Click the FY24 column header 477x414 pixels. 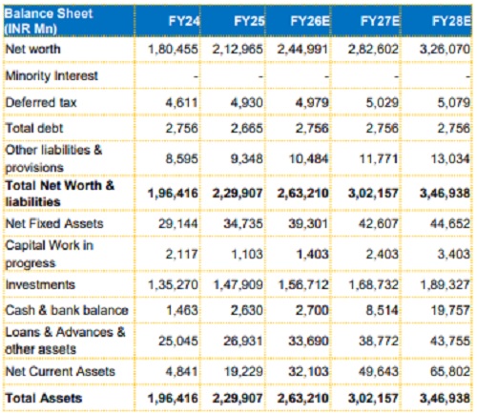pyautogui.click(x=184, y=21)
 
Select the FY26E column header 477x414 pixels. pyautogui.click(x=310, y=21)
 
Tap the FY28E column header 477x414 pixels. pyautogui.click(x=451, y=21)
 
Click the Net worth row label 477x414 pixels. pyautogui.click(x=33, y=49)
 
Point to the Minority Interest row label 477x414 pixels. pyautogui.click(x=52, y=75)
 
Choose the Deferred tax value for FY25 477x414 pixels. pyautogui.click(x=247, y=103)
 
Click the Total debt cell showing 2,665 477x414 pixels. pyautogui.click(x=247, y=128)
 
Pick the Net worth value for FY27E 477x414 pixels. pyautogui.click(x=373, y=50)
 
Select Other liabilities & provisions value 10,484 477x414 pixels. pyautogui.click(x=308, y=158)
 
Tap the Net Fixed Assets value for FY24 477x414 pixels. pyautogui.click(x=178, y=223)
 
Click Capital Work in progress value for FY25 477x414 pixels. pyautogui.click(x=247, y=254)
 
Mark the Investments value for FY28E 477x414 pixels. pyautogui.click(x=446, y=284)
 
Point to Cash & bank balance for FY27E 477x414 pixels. pyautogui.click(x=382, y=310)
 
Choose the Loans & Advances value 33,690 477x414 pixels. pyautogui.click(x=308, y=342)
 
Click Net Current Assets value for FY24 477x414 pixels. pyautogui.click(x=181, y=371)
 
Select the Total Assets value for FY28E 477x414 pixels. pyautogui.click(x=445, y=399)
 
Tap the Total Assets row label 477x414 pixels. pyautogui.click(x=44, y=398)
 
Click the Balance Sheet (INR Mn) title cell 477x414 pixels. pyautogui.click(x=49, y=21)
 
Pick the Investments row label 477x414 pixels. pyautogui.click(x=40, y=284)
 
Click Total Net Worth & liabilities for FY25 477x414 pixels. pyautogui.click(x=238, y=194)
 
